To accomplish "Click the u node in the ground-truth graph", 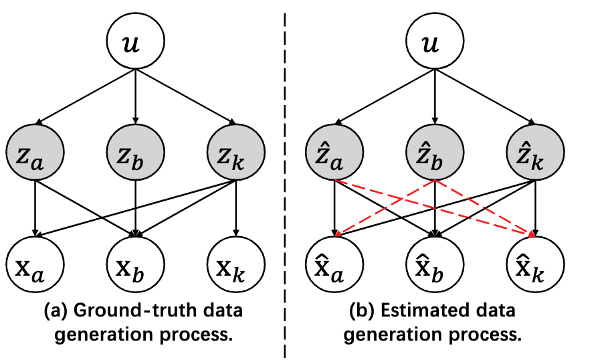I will (x=136, y=46).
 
